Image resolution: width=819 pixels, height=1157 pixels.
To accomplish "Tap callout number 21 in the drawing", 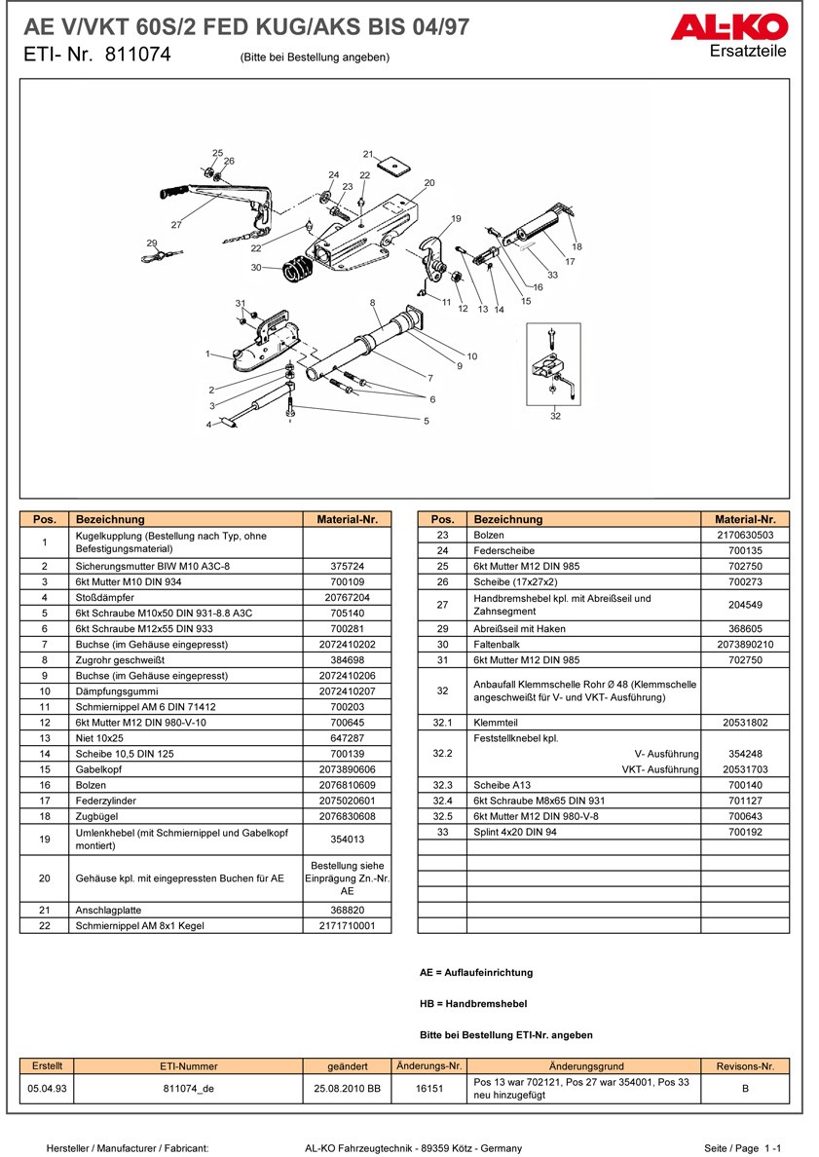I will click(x=368, y=154).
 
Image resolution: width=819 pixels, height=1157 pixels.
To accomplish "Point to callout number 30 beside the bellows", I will click(x=255, y=267).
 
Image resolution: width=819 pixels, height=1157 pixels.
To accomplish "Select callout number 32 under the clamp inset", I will click(x=555, y=416).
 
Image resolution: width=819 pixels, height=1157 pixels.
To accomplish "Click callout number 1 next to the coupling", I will click(x=207, y=354).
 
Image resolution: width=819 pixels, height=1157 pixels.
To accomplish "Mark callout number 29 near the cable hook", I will click(x=152, y=243).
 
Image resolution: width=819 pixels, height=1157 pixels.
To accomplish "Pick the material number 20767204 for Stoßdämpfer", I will click(x=348, y=597).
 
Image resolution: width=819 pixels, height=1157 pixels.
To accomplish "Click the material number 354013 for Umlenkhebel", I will click(x=348, y=839).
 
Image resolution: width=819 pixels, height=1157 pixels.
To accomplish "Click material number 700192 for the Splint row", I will click(x=745, y=831).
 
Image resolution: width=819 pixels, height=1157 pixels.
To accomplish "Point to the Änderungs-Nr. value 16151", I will click(x=429, y=1088).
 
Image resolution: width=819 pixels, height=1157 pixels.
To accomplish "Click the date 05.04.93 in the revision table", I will click(x=48, y=1088).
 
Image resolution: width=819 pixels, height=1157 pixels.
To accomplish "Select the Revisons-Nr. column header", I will click(x=745, y=1066).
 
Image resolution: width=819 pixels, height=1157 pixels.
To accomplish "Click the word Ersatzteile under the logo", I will click(x=747, y=52).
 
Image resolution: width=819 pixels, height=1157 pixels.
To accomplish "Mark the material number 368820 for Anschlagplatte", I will click(x=348, y=909).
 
